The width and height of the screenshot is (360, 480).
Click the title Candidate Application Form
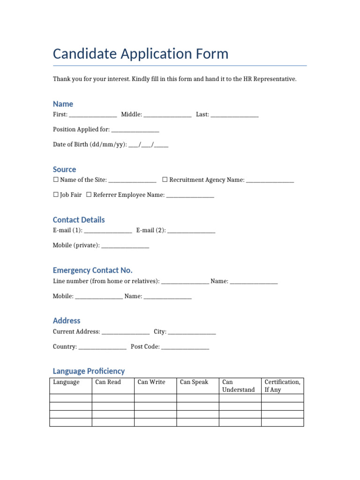pos(141,54)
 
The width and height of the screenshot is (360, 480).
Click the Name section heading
pos(63,104)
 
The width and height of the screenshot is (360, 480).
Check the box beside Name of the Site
pos(56,180)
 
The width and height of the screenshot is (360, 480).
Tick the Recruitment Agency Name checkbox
pos(165,180)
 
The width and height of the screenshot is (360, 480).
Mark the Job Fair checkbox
pos(56,195)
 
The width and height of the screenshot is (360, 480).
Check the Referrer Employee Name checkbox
pos(89,195)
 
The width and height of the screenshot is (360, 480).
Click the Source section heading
pos(64,169)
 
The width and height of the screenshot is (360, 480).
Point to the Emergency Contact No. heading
pos(92,270)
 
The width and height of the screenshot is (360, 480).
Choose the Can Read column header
pos(108,382)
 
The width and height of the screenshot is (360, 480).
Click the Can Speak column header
pos(194,382)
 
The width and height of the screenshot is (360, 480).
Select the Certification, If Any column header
pos(282,386)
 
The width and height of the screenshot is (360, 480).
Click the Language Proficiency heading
pos(89,371)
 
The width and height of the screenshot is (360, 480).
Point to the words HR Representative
pos(270,79)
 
